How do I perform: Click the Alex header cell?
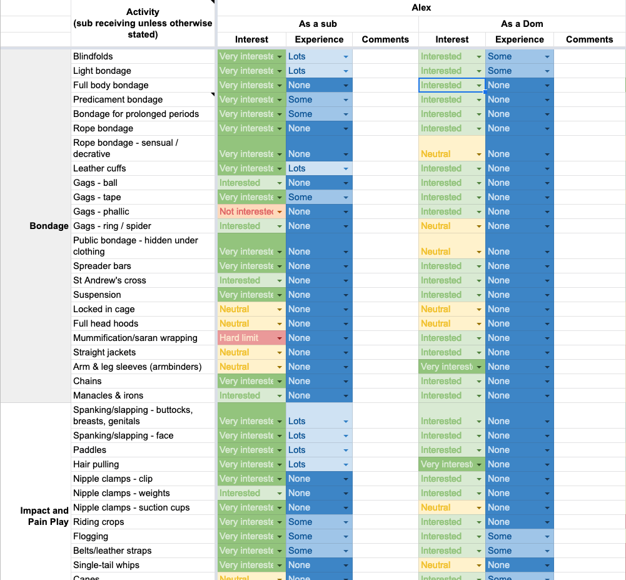(x=421, y=8)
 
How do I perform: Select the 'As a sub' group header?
(x=318, y=24)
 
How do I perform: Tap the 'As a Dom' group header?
(x=522, y=24)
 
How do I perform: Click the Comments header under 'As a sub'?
(x=385, y=39)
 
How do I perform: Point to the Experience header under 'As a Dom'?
(x=519, y=39)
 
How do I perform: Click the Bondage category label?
(x=49, y=226)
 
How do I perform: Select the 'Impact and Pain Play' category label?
(x=44, y=516)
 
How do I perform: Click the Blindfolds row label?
(x=93, y=56)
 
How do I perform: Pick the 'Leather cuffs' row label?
(x=99, y=168)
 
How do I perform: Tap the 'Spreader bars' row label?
(x=102, y=266)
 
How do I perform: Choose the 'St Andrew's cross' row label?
(x=109, y=280)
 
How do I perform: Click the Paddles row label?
(x=89, y=450)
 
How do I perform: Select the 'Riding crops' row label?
(x=98, y=522)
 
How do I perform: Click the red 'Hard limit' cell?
(x=244, y=338)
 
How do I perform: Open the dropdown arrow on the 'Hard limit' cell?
(x=280, y=338)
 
